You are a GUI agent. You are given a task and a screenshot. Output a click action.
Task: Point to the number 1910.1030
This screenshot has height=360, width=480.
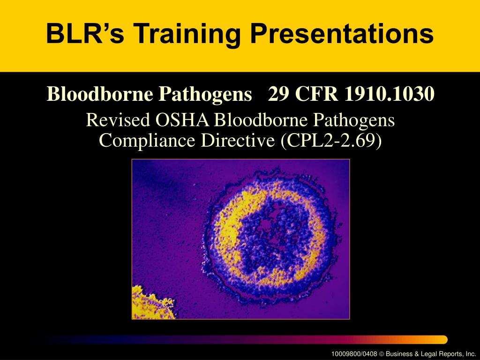pos(389,95)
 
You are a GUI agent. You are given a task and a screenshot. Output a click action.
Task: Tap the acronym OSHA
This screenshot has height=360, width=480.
pos(184,120)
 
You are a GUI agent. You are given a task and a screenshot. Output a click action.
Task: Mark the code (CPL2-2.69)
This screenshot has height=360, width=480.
pos(331,140)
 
